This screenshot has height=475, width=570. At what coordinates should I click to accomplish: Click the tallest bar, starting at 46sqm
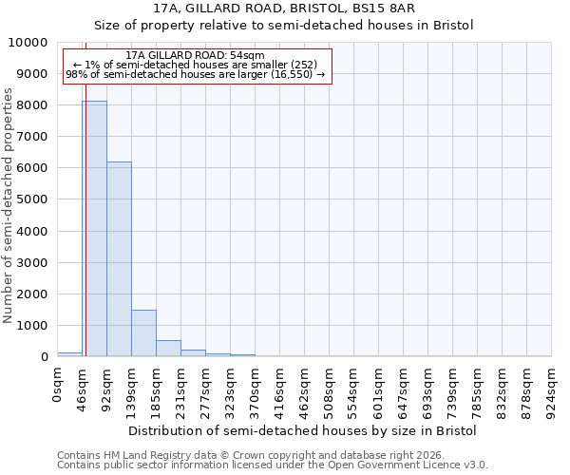(x=94, y=228)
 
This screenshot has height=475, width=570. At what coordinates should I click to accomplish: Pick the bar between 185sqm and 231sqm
(x=168, y=348)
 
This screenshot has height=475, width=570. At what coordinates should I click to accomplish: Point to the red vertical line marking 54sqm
(x=85, y=209)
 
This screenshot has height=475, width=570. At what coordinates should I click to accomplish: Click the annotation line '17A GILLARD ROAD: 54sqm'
(x=195, y=56)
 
